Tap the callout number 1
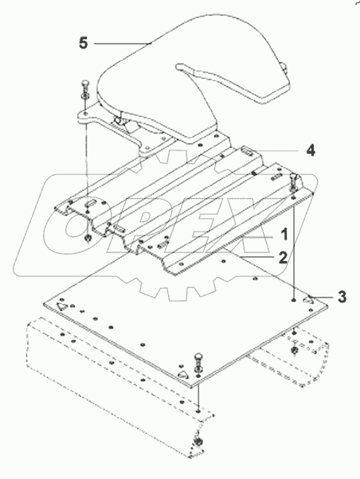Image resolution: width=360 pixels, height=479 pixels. (282, 235)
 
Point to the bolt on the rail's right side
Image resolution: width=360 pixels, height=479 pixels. (294, 181)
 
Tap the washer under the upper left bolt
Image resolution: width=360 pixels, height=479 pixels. (85, 99)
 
